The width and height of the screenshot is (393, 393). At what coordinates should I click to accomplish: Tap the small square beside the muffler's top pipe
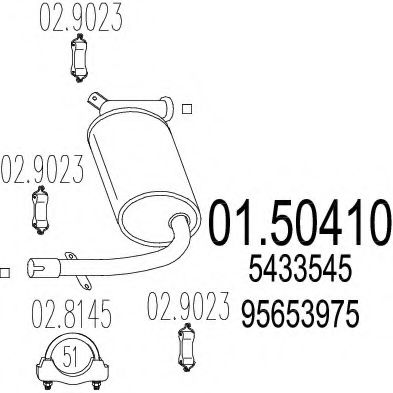[188, 107]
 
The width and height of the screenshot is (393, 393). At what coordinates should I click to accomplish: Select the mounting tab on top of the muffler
[94, 98]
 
